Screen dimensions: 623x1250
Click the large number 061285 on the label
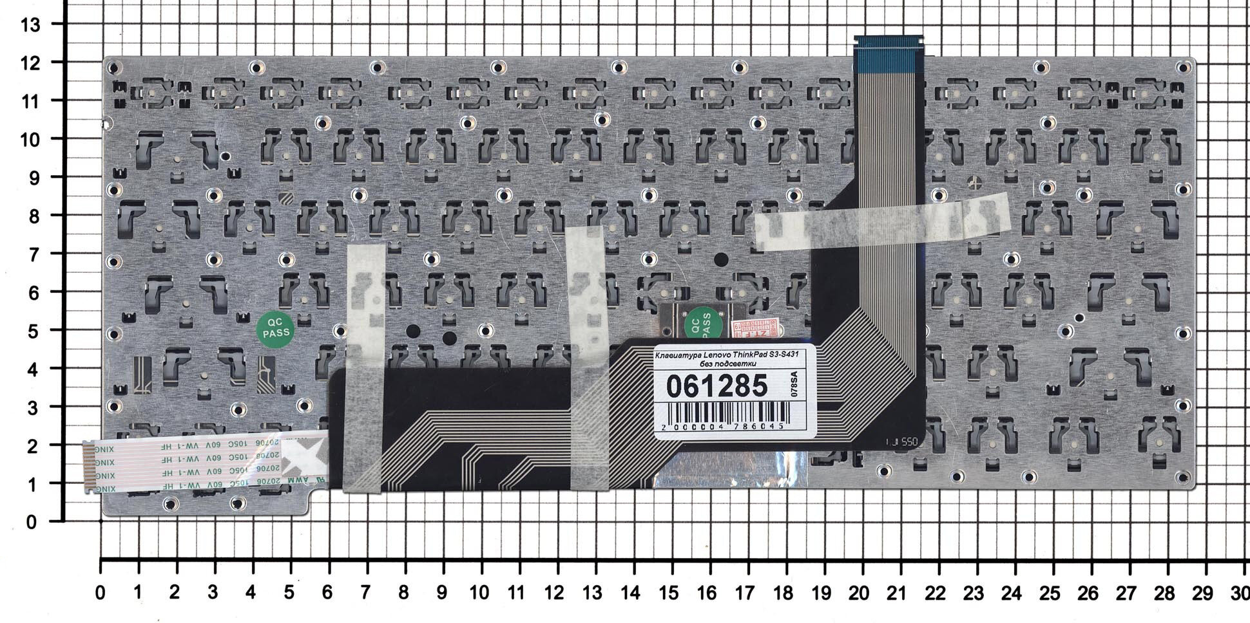pos(716,386)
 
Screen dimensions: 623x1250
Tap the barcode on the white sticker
pos(726,412)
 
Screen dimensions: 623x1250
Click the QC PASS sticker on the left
pos(276,329)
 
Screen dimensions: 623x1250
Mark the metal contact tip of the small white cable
pos(88,467)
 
